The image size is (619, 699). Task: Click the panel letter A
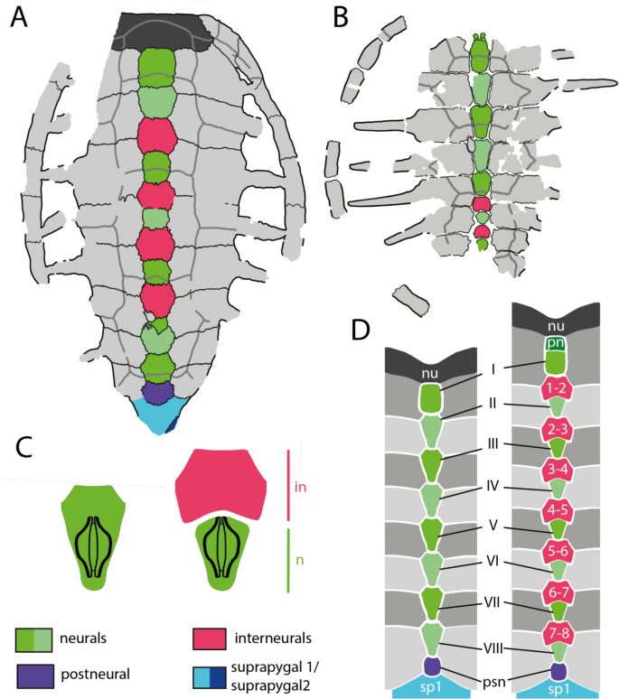pyautogui.click(x=21, y=19)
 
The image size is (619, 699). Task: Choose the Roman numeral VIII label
pyautogui.click(x=490, y=647)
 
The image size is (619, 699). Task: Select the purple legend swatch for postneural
pyautogui.click(x=35, y=676)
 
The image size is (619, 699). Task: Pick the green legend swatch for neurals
pyautogui.click(x=35, y=638)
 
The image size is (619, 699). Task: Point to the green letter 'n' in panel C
pyautogui.click(x=300, y=560)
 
